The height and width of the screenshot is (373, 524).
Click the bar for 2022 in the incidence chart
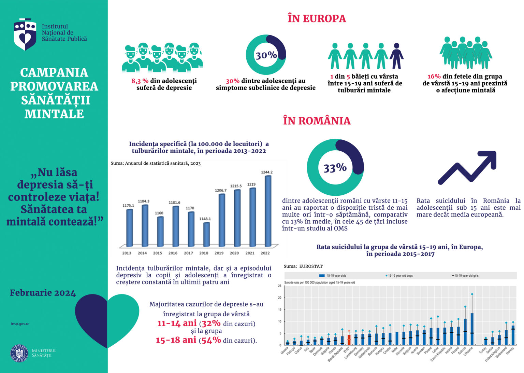[268, 211]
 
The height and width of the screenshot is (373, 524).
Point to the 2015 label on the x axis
[158, 253]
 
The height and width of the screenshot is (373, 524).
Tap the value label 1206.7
[220, 190]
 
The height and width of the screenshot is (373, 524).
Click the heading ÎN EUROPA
[317, 18]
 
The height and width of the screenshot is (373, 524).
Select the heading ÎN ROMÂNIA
[317, 121]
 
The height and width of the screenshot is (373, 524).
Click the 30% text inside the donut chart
[266, 55]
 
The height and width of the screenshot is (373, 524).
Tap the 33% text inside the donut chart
[335, 168]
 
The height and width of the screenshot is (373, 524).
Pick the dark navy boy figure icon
[396, 56]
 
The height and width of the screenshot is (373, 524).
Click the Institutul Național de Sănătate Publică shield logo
[25, 34]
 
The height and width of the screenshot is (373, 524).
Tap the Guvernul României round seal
[19, 353]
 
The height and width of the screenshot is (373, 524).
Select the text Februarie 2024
[43, 293]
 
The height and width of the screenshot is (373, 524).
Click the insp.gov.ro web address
[20, 323]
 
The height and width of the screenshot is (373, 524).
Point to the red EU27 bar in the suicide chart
[349, 340]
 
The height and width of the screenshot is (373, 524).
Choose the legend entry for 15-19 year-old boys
[400, 275]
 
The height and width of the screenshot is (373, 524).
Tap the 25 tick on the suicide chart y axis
[280, 286]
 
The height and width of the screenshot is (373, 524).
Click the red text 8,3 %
[140, 81]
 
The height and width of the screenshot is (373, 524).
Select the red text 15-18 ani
[176, 340]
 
